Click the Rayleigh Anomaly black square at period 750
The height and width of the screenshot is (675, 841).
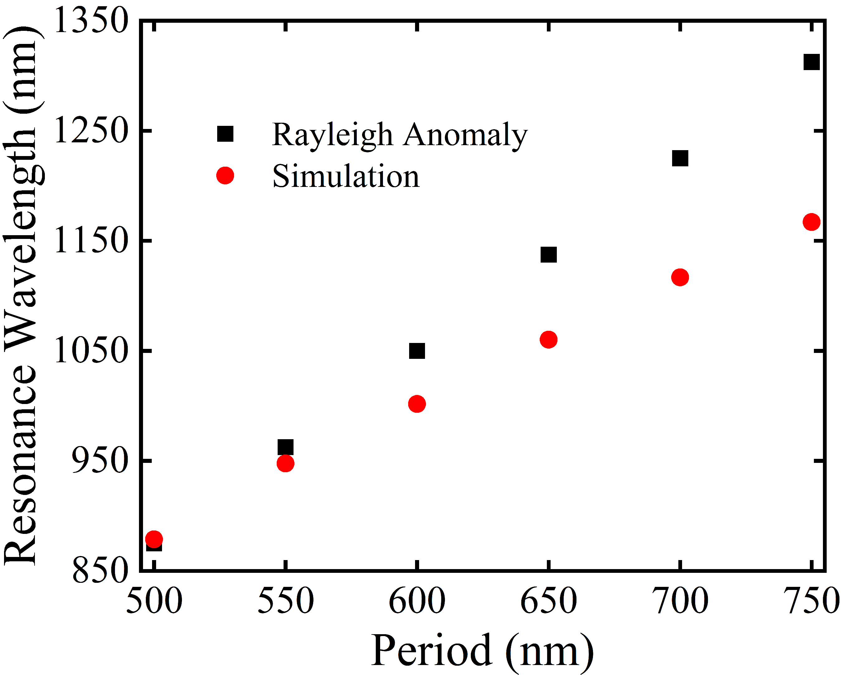[811, 62]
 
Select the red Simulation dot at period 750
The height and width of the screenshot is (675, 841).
[811, 222]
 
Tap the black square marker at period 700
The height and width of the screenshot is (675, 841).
[680, 158]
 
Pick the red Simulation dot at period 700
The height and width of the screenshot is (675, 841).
[680, 277]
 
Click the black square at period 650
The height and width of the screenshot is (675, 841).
[548, 254]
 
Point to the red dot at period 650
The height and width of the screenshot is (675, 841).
[548, 340]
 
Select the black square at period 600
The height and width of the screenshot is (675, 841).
[417, 351]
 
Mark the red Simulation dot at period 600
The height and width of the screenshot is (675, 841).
[417, 404]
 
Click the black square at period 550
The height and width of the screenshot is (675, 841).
[285, 447]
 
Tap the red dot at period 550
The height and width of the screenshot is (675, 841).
[285, 463]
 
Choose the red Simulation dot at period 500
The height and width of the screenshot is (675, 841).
[154, 539]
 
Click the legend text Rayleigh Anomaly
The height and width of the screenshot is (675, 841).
[399, 135]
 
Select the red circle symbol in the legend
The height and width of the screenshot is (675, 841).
[225, 175]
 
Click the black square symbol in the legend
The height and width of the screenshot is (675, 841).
[225, 134]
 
